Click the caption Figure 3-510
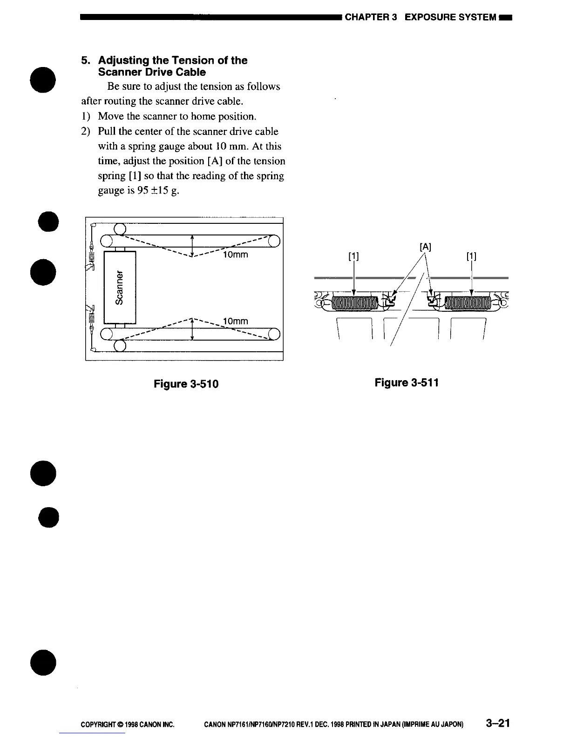click(x=186, y=384)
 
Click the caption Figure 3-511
click(x=407, y=382)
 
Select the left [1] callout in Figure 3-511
click(x=354, y=256)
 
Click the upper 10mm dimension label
click(x=236, y=255)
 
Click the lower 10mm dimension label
click(x=236, y=322)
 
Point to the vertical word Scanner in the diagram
click(x=120, y=288)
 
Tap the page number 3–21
click(x=497, y=724)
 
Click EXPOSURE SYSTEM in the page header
click(x=450, y=18)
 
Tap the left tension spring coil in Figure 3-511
click(x=354, y=304)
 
